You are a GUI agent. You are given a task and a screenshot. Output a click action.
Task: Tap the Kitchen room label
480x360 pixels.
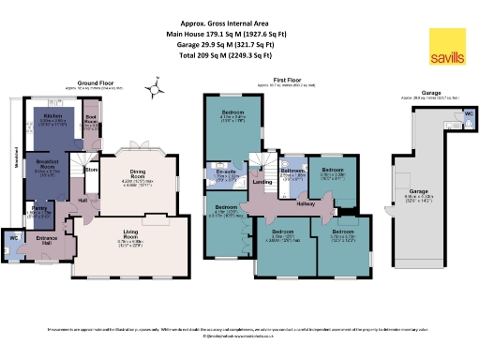click(x=52, y=116)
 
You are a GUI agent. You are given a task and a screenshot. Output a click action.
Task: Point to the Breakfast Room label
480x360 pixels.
click(x=35, y=165)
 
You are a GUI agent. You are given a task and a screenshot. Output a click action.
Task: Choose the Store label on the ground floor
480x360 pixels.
click(x=92, y=171)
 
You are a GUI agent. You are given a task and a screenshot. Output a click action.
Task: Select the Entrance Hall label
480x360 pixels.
click(x=46, y=239)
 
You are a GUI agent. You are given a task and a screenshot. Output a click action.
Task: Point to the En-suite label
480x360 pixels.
click(x=225, y=172)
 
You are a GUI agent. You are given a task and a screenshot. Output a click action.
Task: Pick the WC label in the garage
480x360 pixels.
click(x=468, y=114)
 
